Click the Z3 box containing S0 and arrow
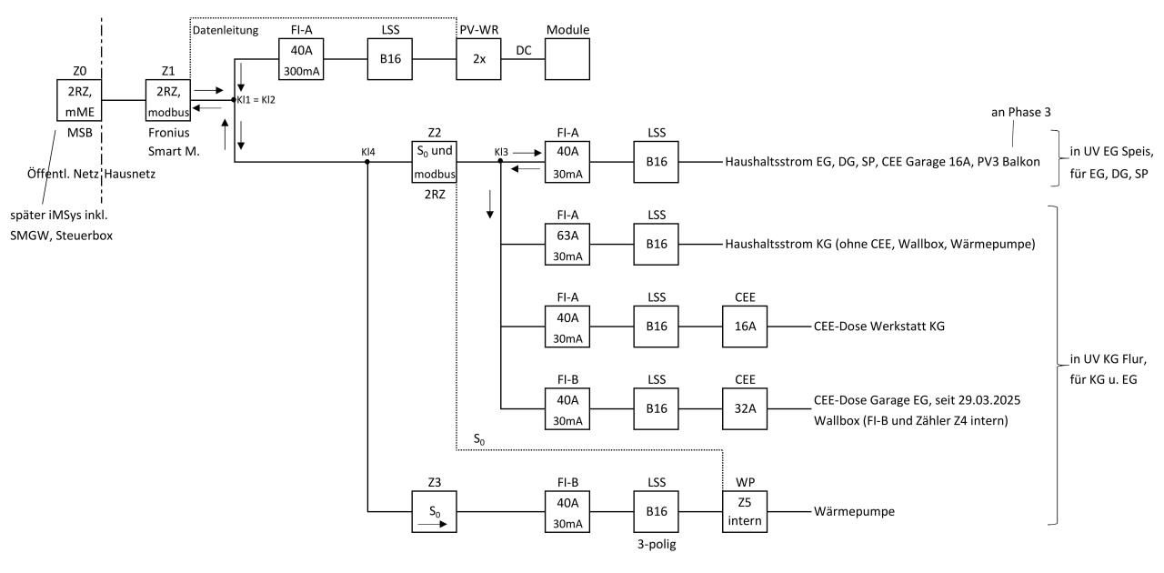pyautogui.click(x=433, y=511)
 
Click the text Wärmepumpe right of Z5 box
pyautogui.click(x=854, y=512)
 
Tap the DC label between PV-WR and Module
pyautogui.click(x=524, y=52)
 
